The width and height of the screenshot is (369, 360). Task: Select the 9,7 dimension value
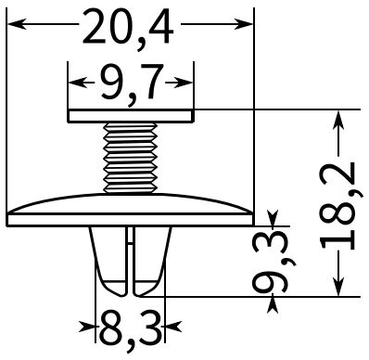coord(131,84)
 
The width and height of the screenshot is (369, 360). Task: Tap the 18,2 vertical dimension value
coord(338,205)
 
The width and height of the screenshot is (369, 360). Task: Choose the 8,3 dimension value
coord(130,329)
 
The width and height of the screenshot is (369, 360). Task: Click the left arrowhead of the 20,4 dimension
coord(17,24)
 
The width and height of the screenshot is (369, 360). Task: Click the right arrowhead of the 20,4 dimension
coord(243,24)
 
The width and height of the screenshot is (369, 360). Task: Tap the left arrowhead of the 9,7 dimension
coord(77,83)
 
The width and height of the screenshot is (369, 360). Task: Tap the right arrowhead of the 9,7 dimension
coord(184,83)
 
